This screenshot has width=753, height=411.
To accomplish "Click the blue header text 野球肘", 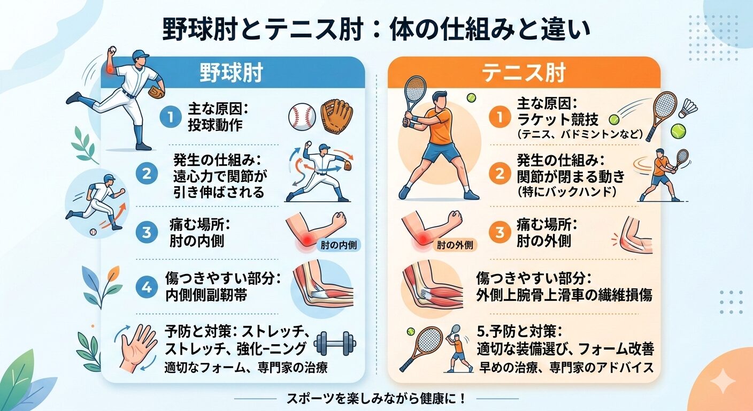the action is [x=231, y=73].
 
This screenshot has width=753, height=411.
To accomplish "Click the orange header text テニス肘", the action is [x=524, y=73].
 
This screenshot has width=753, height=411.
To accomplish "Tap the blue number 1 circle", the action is [x=171, y=117].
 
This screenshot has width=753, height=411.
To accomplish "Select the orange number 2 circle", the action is [x=500, y=173].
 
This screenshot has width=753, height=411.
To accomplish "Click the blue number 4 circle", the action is [x=147, y=287].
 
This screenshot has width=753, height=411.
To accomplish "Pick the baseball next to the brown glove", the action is [x=302, y=116].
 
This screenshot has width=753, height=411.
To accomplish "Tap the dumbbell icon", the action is [x=335, y=344].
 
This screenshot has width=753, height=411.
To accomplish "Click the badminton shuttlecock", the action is [x=688, y=108].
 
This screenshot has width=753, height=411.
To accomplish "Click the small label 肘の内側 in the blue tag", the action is [x=339, y=245].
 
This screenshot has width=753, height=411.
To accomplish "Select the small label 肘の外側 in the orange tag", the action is [x=455, y=245].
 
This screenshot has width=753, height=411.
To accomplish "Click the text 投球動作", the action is [x=215, y=125].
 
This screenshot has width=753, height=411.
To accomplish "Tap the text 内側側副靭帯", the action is [x=206, y=295].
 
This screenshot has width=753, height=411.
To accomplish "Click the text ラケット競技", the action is [x=558, y=119].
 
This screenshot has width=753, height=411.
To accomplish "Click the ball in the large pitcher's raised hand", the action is [x=112, y=50].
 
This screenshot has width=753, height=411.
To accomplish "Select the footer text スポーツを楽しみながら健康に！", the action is [x=376, y=399].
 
